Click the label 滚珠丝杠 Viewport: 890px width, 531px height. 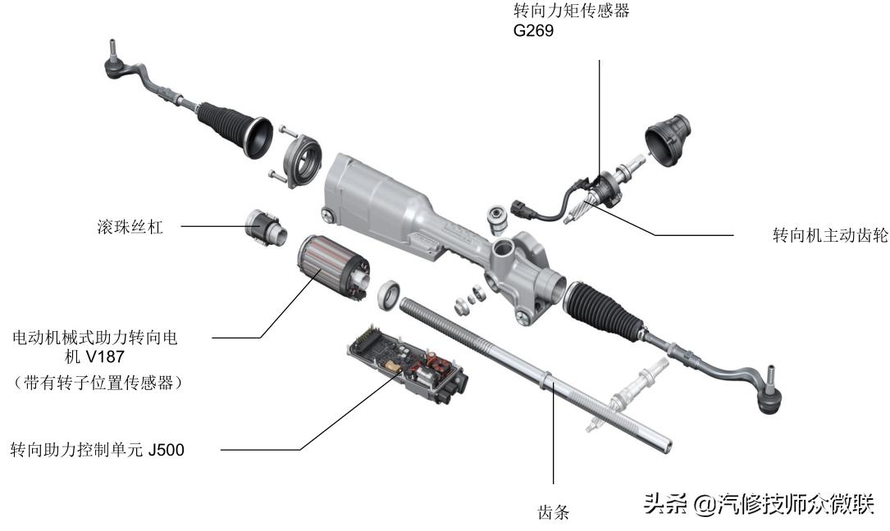tap(130, 227)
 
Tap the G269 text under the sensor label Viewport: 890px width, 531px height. tap(533, 30)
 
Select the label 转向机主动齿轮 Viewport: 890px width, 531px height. tap(830, 235)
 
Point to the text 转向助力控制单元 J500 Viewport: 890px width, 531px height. tap(98, 450)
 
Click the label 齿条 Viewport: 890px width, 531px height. tap(554, 512)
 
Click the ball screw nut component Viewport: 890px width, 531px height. tap(266, 227)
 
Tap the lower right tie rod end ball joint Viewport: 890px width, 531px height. tap(770, 391)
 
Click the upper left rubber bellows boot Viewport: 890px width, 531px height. tap(234, 128)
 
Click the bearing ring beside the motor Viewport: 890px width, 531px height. tap(390, 295)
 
